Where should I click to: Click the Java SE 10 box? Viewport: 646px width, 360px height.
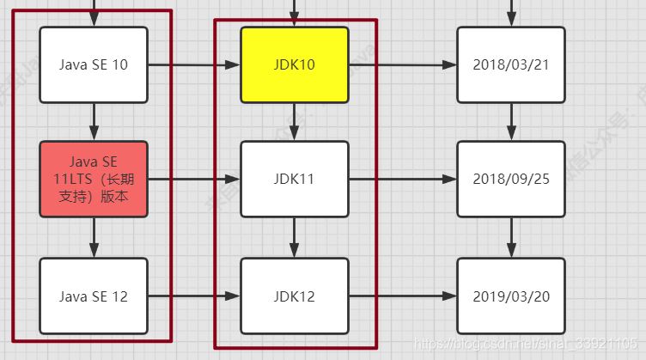click(94, 64)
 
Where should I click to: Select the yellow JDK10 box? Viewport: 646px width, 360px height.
click(295, 64)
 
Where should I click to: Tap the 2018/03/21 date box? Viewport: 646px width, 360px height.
click(511, 64)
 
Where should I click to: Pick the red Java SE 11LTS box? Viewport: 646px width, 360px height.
click(94, 179)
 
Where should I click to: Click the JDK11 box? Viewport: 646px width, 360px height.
click(295, 179)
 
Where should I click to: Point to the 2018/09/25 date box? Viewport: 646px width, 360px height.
click(511, 179)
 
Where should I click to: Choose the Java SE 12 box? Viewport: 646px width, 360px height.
click(94, 296)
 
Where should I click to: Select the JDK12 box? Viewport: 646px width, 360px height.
click(295, 296)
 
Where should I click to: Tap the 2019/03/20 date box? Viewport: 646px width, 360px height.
click(511, 296)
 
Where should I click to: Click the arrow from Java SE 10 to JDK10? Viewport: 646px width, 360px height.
click(193, 64)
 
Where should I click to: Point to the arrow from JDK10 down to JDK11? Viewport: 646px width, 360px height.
click(295, 121)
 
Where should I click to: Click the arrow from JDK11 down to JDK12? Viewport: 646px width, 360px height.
click(295, 236)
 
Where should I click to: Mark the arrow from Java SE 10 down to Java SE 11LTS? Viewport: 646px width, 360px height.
click(94, 121)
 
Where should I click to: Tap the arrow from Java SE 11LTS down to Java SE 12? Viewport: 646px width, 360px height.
click(94, 236)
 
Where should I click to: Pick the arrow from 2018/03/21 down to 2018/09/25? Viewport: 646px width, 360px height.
click(511, 121)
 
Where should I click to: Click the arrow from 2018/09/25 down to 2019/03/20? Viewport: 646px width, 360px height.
click(511, 236)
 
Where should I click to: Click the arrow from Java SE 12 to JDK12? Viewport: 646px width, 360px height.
click(193, 296)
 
